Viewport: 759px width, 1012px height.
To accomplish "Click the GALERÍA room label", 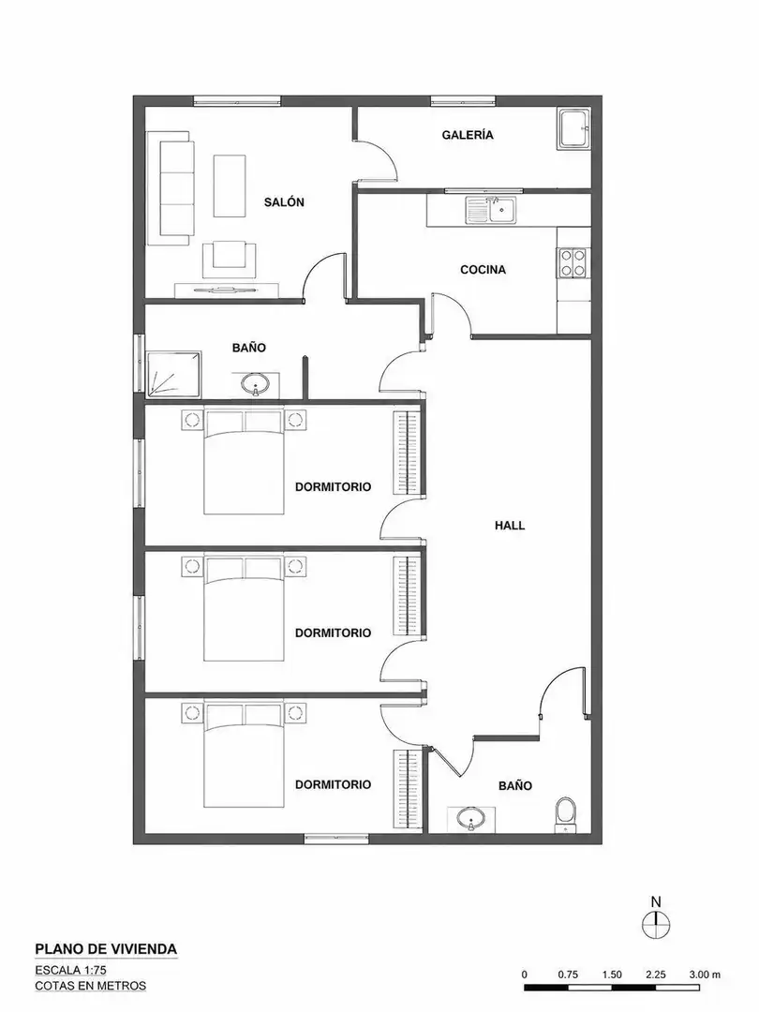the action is (468, 135).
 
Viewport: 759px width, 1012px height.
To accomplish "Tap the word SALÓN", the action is (284, 202).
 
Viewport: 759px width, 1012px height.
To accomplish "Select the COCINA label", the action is (483, 270).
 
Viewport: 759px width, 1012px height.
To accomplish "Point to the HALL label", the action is (510, 526).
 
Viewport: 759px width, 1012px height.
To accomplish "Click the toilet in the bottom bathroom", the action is (565, 814).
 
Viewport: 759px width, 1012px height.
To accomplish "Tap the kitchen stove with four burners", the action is (573, 262).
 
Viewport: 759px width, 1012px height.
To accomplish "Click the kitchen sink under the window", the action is (490, 211).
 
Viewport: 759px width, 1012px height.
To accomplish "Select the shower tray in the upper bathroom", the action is (173, 374).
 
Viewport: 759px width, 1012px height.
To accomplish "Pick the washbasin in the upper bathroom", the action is (256, 385).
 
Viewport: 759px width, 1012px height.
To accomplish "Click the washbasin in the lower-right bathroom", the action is (470, 818).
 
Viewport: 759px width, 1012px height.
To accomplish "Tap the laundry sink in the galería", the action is (573, 129).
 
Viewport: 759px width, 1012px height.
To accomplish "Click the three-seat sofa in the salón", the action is (171, 188).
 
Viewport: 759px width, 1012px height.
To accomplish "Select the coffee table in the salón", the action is (230, 186).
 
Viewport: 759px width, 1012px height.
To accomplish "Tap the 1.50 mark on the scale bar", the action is (611, 975).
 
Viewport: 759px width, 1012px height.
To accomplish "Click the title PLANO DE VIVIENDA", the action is (106, 948).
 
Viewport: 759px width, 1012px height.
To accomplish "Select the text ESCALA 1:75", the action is (71, 970).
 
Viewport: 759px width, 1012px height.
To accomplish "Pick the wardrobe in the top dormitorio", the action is (408, 454).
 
